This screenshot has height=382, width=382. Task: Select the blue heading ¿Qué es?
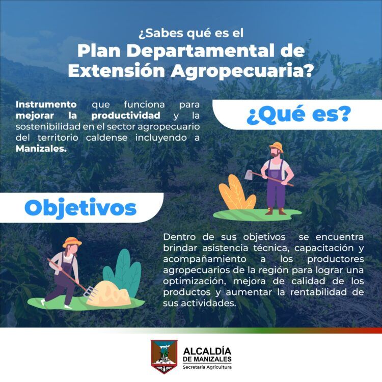(298, 115)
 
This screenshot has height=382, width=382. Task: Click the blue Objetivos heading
(80, 208)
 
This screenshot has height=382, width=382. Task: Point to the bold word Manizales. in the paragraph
(41, 149)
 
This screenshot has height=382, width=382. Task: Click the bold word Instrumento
(46, 104)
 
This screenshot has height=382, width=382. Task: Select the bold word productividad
(126, 116)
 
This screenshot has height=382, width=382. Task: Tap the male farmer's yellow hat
(277, 146)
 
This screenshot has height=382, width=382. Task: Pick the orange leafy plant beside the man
(236, 194)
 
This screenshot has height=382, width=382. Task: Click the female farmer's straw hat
(72, 242)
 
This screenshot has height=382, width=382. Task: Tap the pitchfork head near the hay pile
(91, 292)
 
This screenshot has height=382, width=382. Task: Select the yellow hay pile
(109, 293)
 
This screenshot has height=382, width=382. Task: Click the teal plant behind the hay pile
(124, 270)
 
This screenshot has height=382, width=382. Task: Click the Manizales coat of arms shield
(164, 357)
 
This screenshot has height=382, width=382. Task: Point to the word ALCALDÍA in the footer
(207, 351)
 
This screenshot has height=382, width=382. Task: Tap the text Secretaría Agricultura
(207, 367)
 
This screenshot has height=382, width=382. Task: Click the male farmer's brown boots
(276, 211)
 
